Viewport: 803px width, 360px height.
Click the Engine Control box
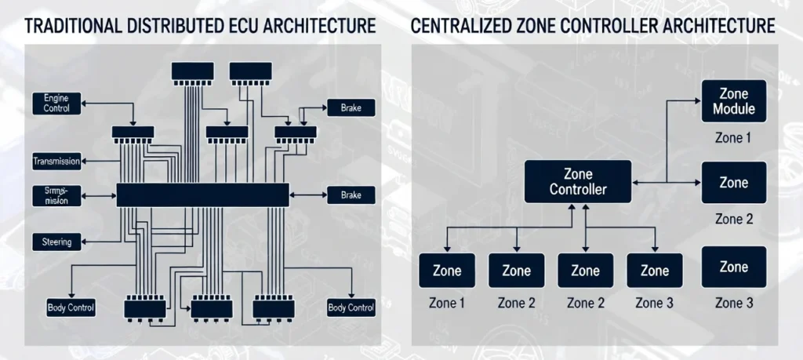(x=57, y=103)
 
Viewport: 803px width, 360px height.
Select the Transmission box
(x=56, y=162)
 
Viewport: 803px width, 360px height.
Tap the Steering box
(x=56, y=242)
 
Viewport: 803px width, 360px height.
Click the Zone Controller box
(x=577, y=182)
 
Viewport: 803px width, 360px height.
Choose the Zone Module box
(x=733, y=101)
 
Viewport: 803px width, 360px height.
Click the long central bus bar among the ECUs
(x=202, y=195)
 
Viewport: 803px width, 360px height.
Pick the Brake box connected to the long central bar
(x=351, y=195)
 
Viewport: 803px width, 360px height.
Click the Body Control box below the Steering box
(x=71, y=307)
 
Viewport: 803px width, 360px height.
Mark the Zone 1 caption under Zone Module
(x=733, y=138)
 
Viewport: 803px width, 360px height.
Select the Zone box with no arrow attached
(x=733, y=267)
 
